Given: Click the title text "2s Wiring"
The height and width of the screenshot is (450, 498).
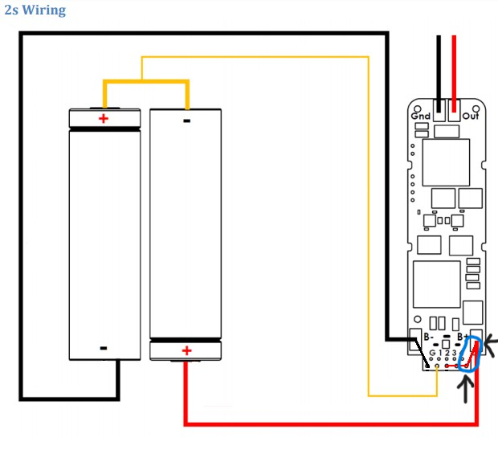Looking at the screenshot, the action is click(x=35, y=10).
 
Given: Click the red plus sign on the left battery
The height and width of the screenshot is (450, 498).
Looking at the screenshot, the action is click(x=104, y=119).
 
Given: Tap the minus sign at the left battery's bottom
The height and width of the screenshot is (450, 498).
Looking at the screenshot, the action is click(x=104, y=348).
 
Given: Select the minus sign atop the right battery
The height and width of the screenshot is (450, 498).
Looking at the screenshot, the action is click(x=186, y=121).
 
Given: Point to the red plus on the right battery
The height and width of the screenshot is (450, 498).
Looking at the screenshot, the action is click(x=186, y=350).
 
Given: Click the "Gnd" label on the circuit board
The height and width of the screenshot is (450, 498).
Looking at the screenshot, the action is click(x=421, y=117).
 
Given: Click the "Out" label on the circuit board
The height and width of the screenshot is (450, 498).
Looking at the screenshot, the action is click(x=471, y=116).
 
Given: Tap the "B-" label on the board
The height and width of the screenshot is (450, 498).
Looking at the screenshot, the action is click(x=429, y=337).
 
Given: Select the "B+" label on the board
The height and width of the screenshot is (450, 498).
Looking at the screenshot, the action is click(x=462, y=337).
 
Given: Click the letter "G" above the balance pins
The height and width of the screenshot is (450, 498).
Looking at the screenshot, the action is click(x=432, y=353).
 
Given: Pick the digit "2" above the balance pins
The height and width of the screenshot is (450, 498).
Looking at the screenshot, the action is click(x=447, y=353).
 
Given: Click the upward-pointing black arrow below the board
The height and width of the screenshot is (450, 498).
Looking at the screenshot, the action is click(x=465, y=389).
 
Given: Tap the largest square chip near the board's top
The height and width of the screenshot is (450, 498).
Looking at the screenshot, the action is click(x=446, y=162).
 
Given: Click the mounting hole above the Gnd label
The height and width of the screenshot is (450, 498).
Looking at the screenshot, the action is click(x=418, y=109).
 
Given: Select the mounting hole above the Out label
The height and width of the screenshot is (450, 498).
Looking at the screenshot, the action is click(x=476, y=109).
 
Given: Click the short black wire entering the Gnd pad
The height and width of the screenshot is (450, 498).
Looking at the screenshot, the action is click(x=439, y=74).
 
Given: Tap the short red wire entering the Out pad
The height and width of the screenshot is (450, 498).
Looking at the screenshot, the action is click(x=454, y=74).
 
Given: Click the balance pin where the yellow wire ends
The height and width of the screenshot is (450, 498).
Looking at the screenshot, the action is click(x=437, y=366).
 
